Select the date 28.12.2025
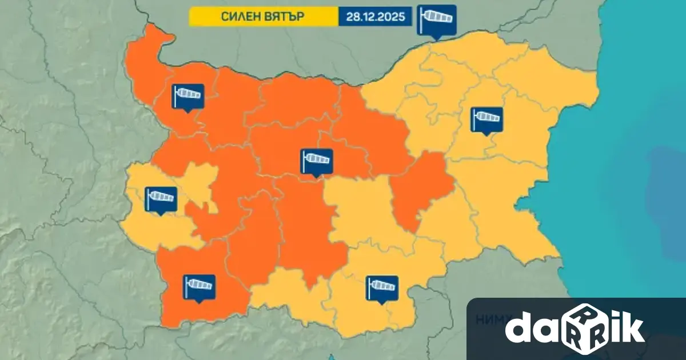point(376,17)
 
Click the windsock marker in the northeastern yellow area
point(486,119)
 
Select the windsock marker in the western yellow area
point(161,199)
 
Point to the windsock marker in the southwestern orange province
point(199,286)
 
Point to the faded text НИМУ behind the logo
point(488,321)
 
